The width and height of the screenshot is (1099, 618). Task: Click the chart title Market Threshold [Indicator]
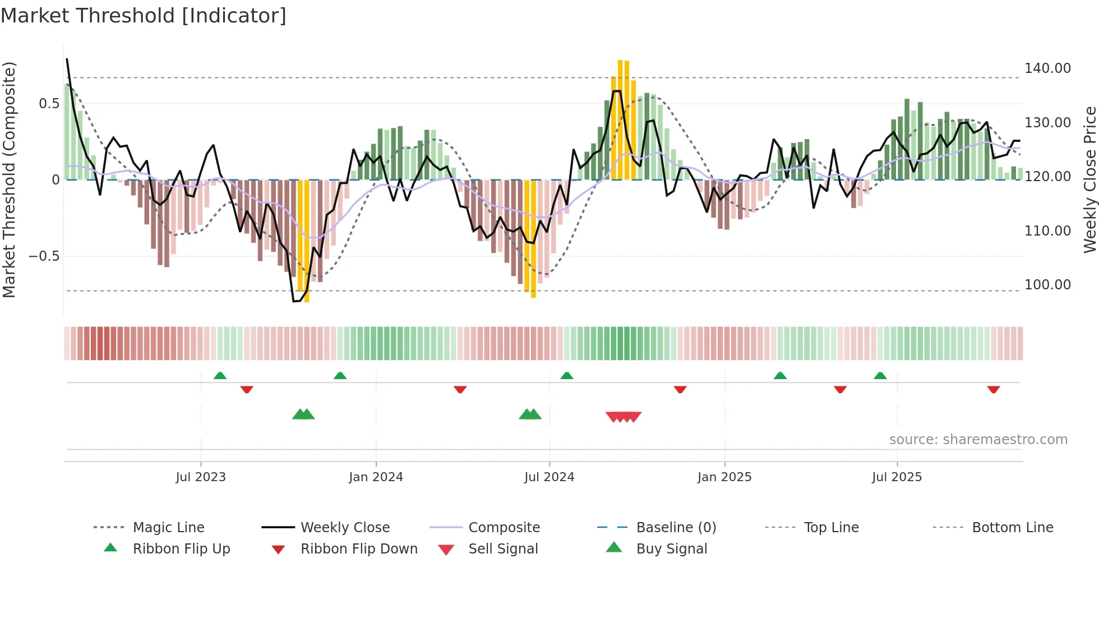tap(144, 16)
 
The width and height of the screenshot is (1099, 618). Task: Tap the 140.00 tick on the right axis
tap(1047, 68)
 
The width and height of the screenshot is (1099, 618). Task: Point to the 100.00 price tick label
tap(1047, 285)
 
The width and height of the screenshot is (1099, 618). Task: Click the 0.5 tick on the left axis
tap(49, 104)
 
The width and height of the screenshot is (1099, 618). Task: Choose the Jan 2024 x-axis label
tap(376, 477)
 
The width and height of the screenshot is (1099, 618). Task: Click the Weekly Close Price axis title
tap(1089, 179)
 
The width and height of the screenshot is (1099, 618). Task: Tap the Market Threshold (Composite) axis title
tap(10, 179)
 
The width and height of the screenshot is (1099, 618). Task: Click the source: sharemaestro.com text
tap(978, 440)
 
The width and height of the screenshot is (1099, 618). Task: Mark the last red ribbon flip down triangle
tap(994, 389)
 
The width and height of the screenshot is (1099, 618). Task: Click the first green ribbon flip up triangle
tap(220, 376)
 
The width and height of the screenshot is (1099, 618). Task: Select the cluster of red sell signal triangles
tap(624, 417)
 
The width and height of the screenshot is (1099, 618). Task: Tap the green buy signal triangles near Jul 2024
tap(530, 414)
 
